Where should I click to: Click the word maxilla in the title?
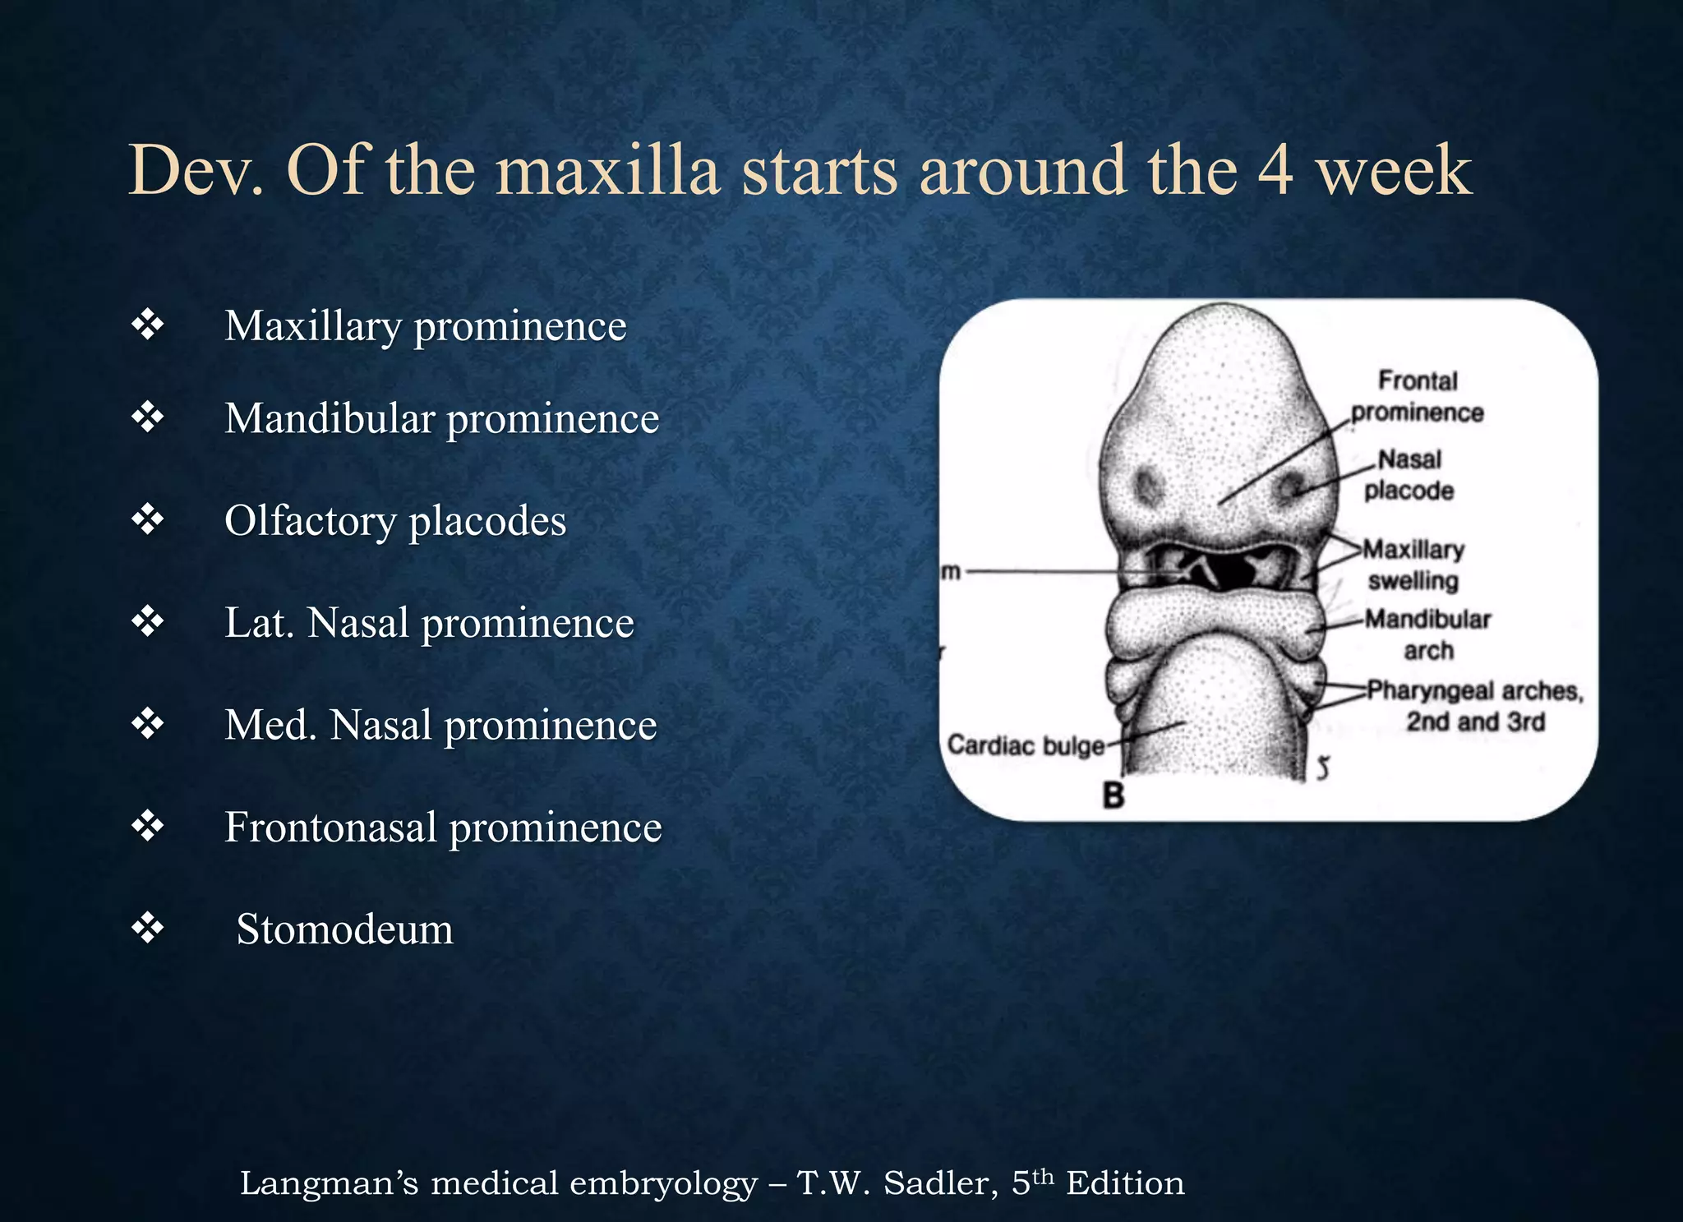[x=608, y=171]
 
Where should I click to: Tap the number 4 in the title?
[x=1275, y=171]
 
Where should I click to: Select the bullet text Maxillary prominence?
[x=425, y=326]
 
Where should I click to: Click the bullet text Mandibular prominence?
[x=441, y=418]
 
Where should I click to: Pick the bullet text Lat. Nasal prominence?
[x=429, y=623]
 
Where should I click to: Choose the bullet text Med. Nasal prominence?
[x=440, y=725]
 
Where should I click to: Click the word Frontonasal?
[x=330, y=827]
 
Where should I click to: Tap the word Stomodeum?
[x=344, y=929]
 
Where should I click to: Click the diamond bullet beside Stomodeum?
[x=148, y=929]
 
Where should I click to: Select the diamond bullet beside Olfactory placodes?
[x=148, y=520]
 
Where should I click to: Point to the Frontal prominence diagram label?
[x=1418, y=396]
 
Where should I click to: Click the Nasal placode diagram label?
[x=1409, y=474]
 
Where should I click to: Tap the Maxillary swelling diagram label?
[x=1413, y=565]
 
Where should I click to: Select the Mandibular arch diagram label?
[x=1428, y=634]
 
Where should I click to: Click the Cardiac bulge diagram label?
[x=1026, y=745]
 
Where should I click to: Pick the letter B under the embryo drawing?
[x=1114, y=795]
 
